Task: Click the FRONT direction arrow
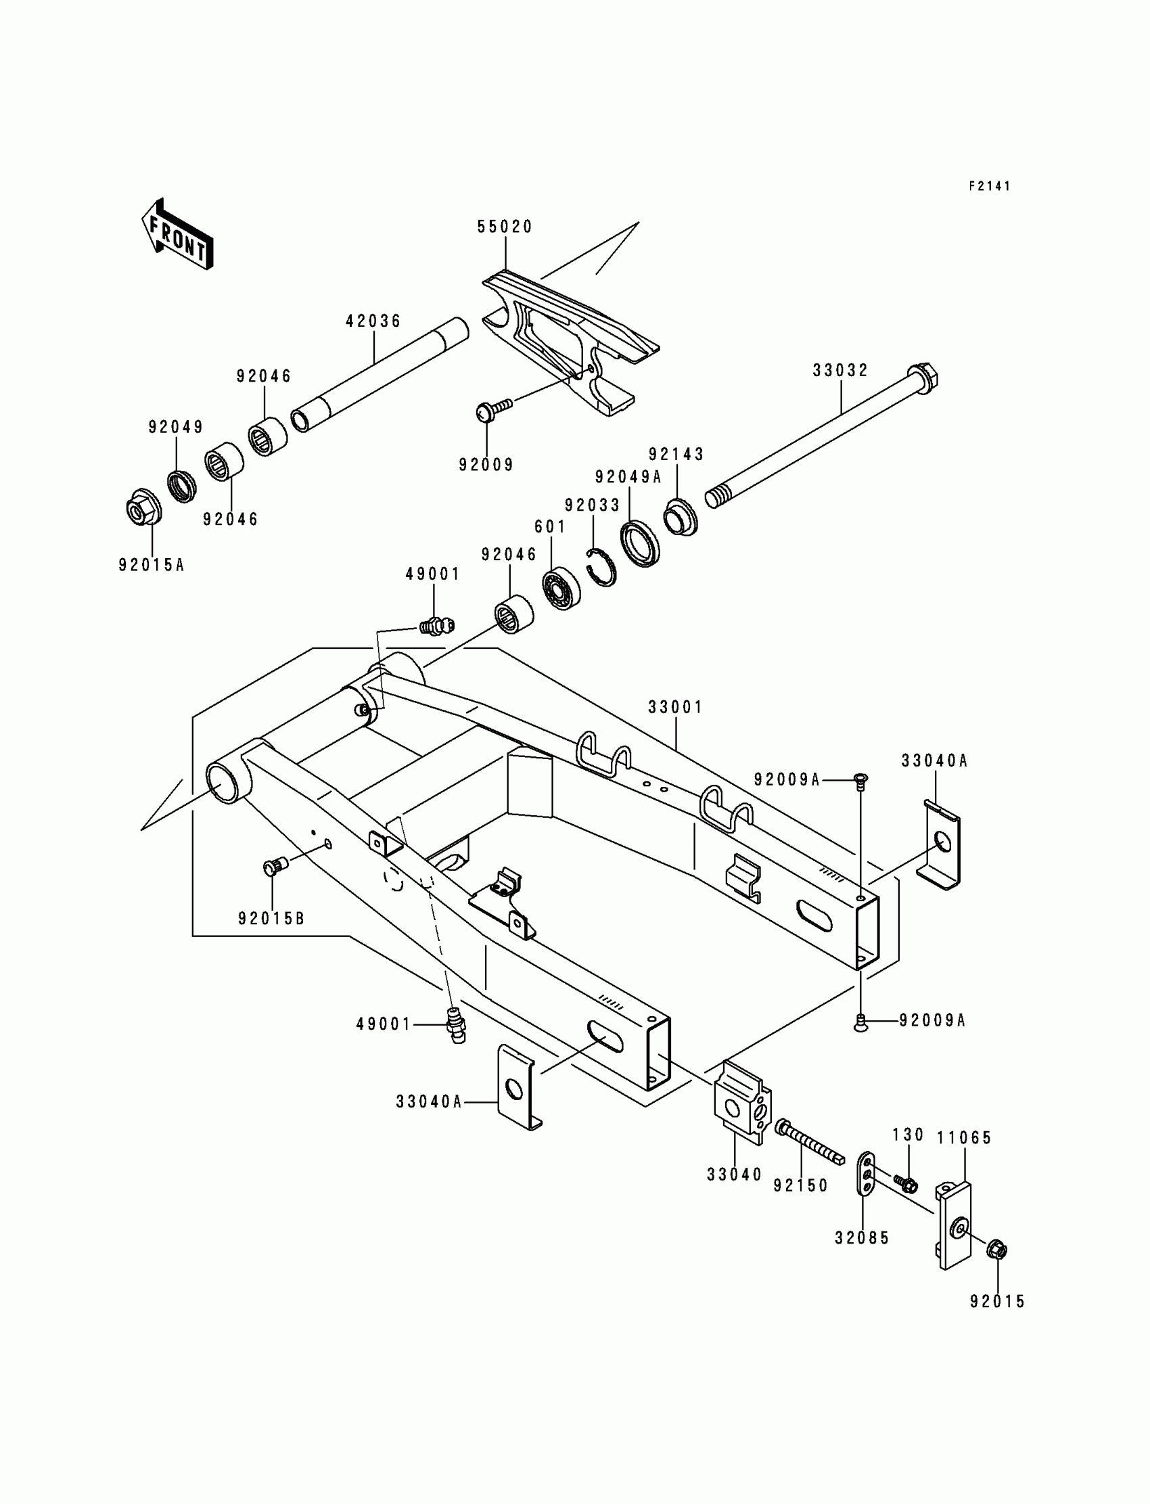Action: tap(177, 235)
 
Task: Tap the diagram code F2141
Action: tap(989, 186)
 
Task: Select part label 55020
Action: tap(505, 227)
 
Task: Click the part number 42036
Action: tap(373, 321)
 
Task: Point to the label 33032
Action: tap(841, 370)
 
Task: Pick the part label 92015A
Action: tap(152, 566)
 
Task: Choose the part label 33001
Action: tap(676, 707)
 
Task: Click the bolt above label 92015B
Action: tap(275, 867)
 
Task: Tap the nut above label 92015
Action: tap(997, 1250)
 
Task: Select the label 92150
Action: tap(801, 1185)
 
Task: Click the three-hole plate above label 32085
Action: tap(865, 1174)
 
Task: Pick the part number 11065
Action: tap(964, 1138)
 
